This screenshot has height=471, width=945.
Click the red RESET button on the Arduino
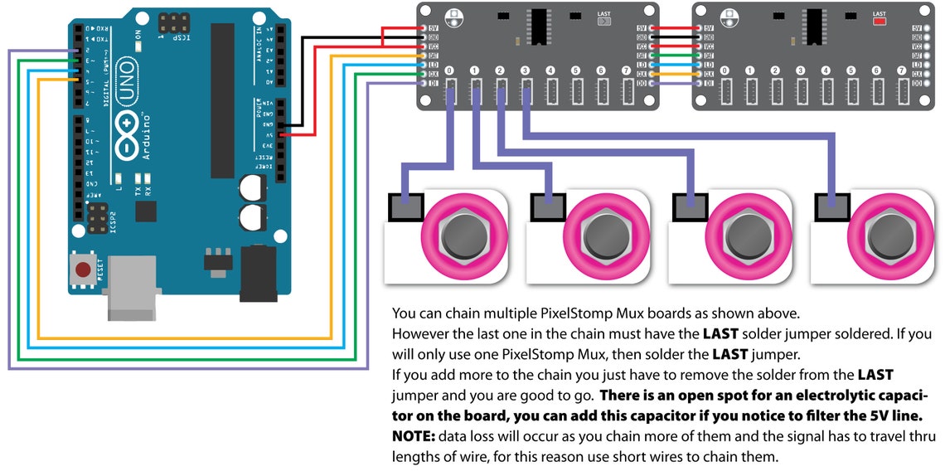(82, 269)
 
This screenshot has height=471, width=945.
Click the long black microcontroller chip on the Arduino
(223, 100)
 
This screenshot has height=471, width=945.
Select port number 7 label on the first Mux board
(626, 71)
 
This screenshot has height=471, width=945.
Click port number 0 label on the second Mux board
(725, 71)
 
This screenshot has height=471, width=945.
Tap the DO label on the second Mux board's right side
(916, 83)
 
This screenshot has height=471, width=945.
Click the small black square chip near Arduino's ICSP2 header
(146, 212)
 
